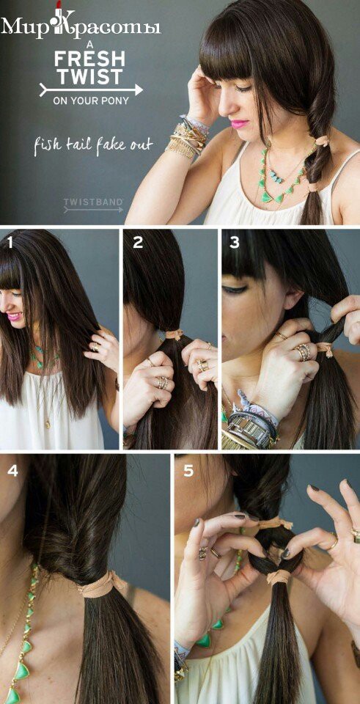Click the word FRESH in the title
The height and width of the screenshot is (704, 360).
pyautogui.click(x=89, y=59)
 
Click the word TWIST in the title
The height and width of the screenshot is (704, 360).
pyautogui.click(x=89, y=76)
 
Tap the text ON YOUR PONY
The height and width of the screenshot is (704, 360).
pyautogui.click(x=91, y=101)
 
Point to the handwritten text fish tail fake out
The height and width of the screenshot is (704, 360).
pyautogui.click(x=93, y=145)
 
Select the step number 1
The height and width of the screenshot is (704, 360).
pyautogui.click(x=10, y=243)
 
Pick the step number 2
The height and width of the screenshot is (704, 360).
pyautogui.click(x=138, y=243)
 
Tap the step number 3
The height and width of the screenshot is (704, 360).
pyautogui.click(x=235, y=243)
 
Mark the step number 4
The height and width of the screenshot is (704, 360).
pyautogui.click(x=13, y=472)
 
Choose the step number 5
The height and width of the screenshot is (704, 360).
pyautogui.click(x=188, y=471)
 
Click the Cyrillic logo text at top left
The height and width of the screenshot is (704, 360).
pyautogui.click(x=81, y=26)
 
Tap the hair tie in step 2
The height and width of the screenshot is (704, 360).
pyautogui.click(x=174, y=334)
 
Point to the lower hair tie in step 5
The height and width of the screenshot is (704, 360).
pyautogui.click(x=277, y=576)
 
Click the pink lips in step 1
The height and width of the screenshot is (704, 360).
pyautogui.click(x=13, y=317)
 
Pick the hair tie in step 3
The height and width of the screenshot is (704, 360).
pyautogui.click(x=326, y=348)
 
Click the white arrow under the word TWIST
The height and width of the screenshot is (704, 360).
pyautogui.click(x=91, y=89)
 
